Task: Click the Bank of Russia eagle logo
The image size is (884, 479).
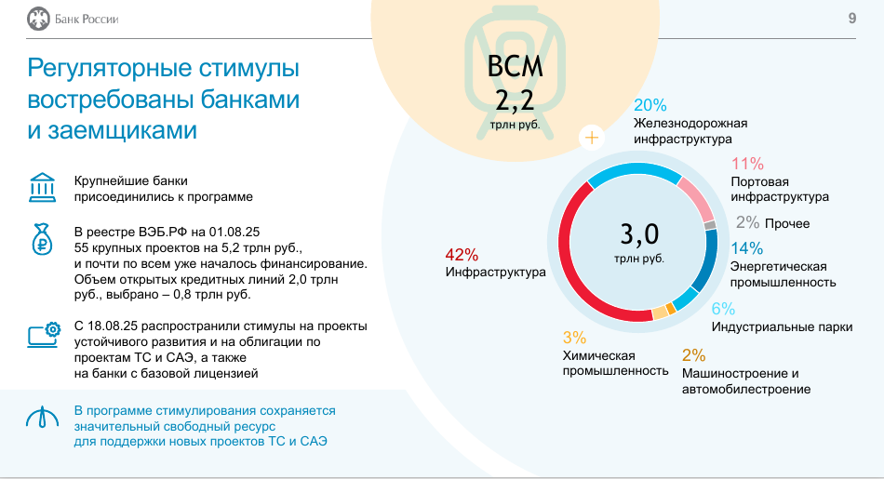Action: click(38, 19)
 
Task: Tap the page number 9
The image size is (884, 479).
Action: click(851, 19)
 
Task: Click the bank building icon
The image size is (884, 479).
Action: click(42, 187)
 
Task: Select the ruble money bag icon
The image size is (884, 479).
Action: click(42, 239)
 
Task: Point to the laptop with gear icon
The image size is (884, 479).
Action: click(44, 335)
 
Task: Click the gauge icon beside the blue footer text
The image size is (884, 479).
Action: click(42, 417)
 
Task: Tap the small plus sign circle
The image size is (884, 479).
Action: click(592, 137)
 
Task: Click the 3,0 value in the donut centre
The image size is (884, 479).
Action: click(639, 233)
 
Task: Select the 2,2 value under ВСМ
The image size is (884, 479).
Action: click(515, 100)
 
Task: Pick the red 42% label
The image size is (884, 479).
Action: click(462, 255)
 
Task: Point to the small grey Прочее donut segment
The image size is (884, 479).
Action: click(710, 225)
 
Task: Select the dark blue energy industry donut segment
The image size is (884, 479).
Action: click(707, 260)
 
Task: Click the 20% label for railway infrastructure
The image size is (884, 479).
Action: click(650, 105)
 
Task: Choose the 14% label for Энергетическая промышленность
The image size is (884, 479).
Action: click(747, 248)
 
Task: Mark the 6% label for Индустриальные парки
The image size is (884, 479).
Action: click(723, 309)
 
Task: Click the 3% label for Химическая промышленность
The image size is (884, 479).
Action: click(574, 338)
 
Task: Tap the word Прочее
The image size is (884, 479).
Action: click(787, 224)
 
